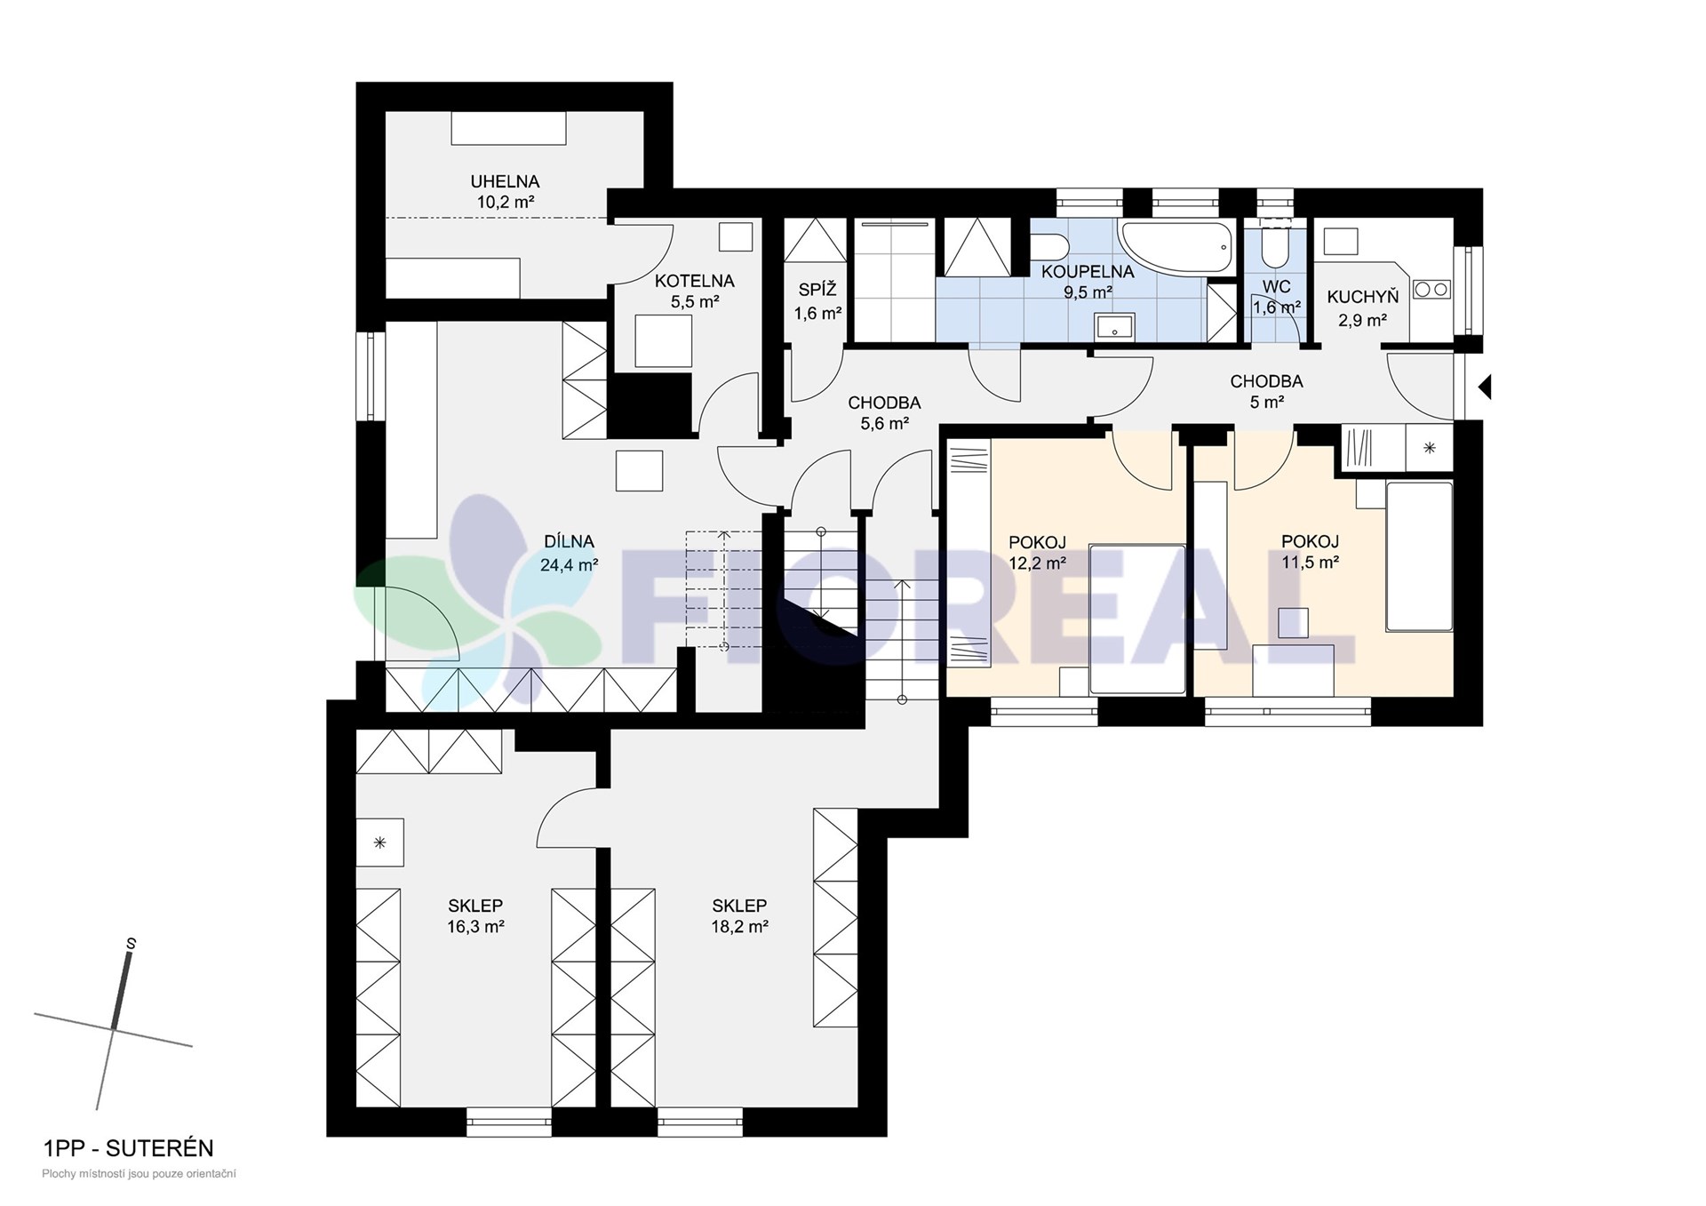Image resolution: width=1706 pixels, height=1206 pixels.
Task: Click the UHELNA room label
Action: click(x=505, y=181)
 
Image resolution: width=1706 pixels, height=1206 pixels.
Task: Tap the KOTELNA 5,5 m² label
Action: click(x=695, y=291)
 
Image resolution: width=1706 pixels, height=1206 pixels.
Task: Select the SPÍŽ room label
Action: click(x=817, y=291)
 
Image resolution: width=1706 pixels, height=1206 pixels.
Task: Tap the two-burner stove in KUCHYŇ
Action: click(x=1431, y=289)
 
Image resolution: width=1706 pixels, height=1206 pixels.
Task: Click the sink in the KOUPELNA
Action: click(x=1115, y=326)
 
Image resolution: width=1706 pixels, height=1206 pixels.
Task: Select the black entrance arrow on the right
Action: click(x=1484, y=387)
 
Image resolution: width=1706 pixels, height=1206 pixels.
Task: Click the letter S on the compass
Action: click(x=132, y=943)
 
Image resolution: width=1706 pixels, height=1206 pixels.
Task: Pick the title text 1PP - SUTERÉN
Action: click(x=129, y=1148)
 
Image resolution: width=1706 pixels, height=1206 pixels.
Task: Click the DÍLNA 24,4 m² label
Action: click(x=569, y=552)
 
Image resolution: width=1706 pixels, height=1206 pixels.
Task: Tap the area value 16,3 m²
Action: click(x=476, y=926)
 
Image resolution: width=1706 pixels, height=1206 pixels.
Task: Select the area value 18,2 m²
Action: click(x=739, y=926)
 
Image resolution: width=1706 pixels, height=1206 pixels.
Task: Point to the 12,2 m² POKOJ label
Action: click(x=1037, y=552)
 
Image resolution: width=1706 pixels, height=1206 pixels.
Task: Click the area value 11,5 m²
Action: click(x=1310, y=562)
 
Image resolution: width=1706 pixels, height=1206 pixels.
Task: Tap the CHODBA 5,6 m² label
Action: click(x=884, y=413)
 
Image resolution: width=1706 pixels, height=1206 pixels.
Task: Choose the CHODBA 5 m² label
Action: click(x=1266, y=391)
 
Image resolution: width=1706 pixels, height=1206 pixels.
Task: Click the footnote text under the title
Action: click(x=139, y=1174)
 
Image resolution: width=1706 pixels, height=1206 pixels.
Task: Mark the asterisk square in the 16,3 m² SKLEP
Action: click(x=380, y=843)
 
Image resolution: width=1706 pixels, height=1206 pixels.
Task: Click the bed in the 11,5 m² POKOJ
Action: click(x=1419, y=556)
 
